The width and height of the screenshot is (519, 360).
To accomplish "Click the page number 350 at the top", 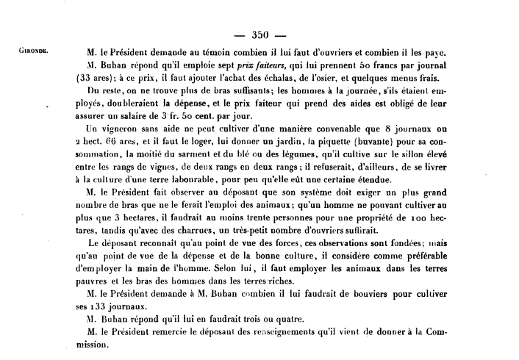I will pos(262,34).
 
